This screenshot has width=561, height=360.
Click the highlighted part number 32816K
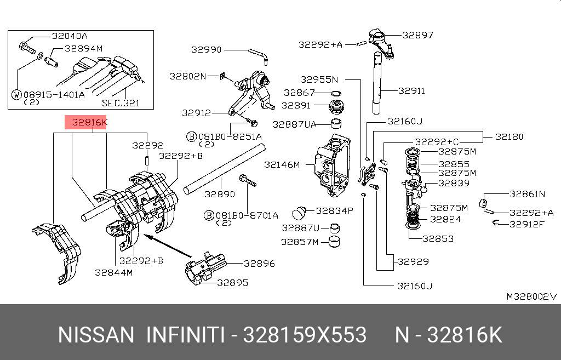click(89, 122)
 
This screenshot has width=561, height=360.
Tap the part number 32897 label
click(418, 35)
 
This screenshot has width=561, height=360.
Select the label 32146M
click(282, 164)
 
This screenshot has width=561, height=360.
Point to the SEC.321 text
click(121, 103)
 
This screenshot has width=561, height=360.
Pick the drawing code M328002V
click(531, 296)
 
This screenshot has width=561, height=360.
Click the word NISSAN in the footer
click(96, 335)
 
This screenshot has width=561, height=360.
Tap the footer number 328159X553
click(305, 335)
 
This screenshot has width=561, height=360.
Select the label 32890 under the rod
click(220, 195)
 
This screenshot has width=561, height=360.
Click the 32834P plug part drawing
click(299, 213)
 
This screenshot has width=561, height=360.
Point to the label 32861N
click(528, 194)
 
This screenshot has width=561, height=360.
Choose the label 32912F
click(526, 224)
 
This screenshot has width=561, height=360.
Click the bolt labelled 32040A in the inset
click(27, 48)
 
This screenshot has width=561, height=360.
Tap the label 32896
click(259, 264)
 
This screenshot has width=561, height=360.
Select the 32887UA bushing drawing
click(336, 123)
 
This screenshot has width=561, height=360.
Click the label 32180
click(509, 136)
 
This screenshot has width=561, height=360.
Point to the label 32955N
click(319, 79)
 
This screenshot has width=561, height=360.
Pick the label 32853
click(438, 239)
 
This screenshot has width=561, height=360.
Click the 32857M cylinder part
click(334, 242)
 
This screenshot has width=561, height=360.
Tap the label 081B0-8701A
click(247, 215)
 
